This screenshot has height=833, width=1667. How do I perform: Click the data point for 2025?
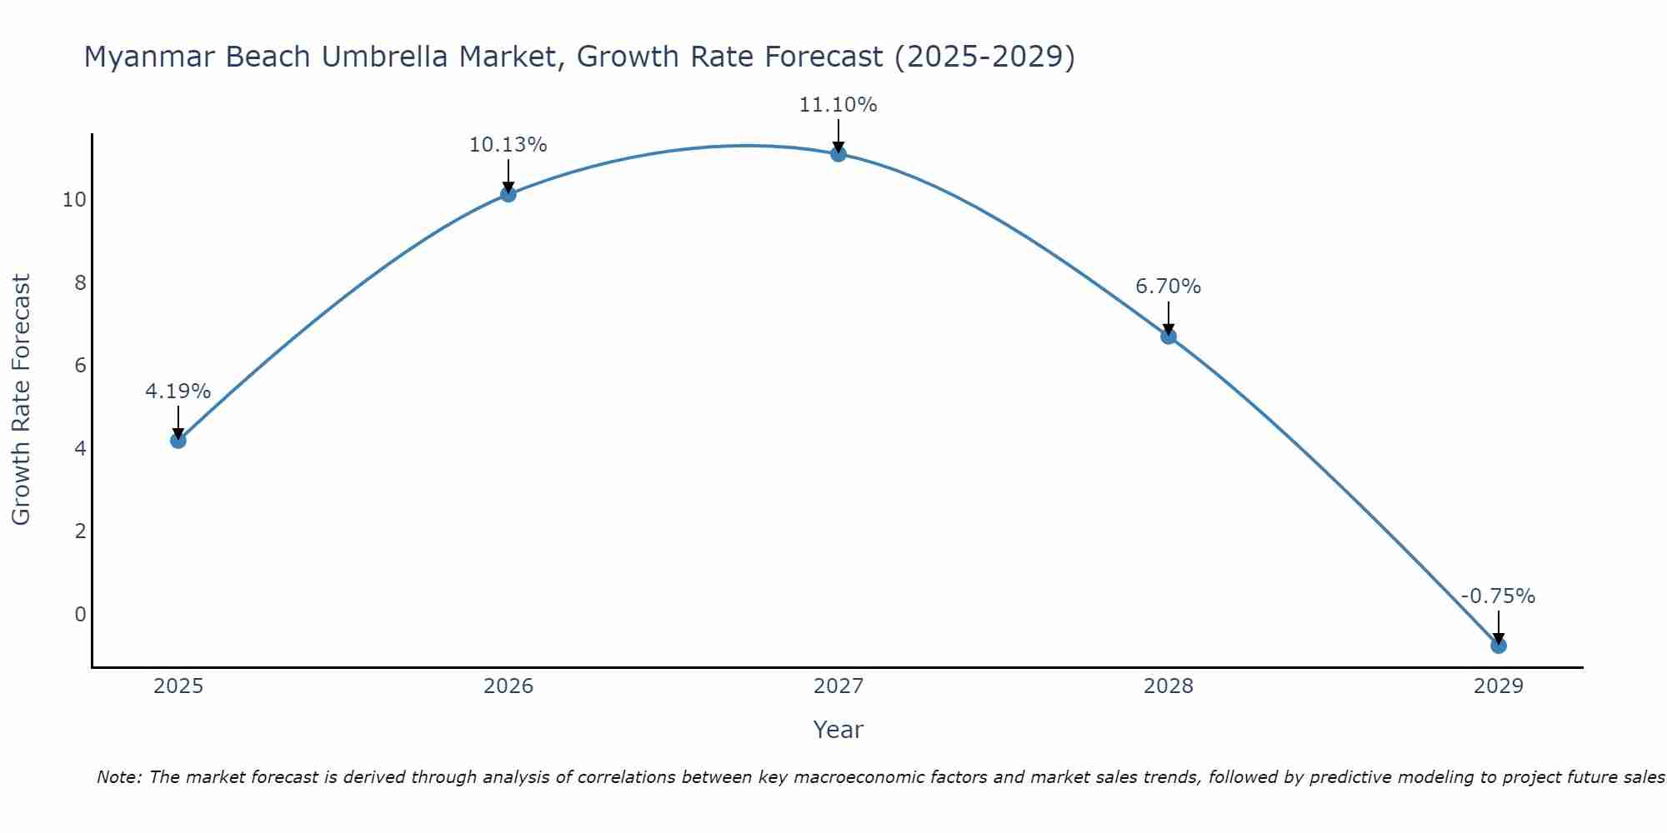tap(178, 440)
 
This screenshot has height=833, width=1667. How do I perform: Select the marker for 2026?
tap(508, 194)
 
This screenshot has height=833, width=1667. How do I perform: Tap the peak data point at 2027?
tap(838, 153)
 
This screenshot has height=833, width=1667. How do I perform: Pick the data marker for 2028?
tap(1168, 336)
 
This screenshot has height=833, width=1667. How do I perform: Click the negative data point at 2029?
tap(1498, 645)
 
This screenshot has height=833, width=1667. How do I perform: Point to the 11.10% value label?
tap(838, 105)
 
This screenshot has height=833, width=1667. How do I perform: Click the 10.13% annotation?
tap(508, 145)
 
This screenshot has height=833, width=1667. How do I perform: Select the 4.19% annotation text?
tap(178, 391)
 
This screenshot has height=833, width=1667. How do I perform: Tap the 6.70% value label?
tap(1168, 287)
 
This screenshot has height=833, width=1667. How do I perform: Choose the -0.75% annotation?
tap(1498, 596)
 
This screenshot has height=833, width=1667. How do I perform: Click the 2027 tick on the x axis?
tap(838, 686)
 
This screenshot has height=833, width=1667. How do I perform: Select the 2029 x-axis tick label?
tap(1498, 686)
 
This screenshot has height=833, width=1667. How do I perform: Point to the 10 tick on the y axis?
tap(74, 200)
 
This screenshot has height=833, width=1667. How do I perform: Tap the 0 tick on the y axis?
tap(80, 615)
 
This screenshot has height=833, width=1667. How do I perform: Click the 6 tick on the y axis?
tap(80, 366)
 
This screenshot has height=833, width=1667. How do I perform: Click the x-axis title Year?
tap(838, 730)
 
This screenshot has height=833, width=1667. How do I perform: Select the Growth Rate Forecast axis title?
tap(21, 399)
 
